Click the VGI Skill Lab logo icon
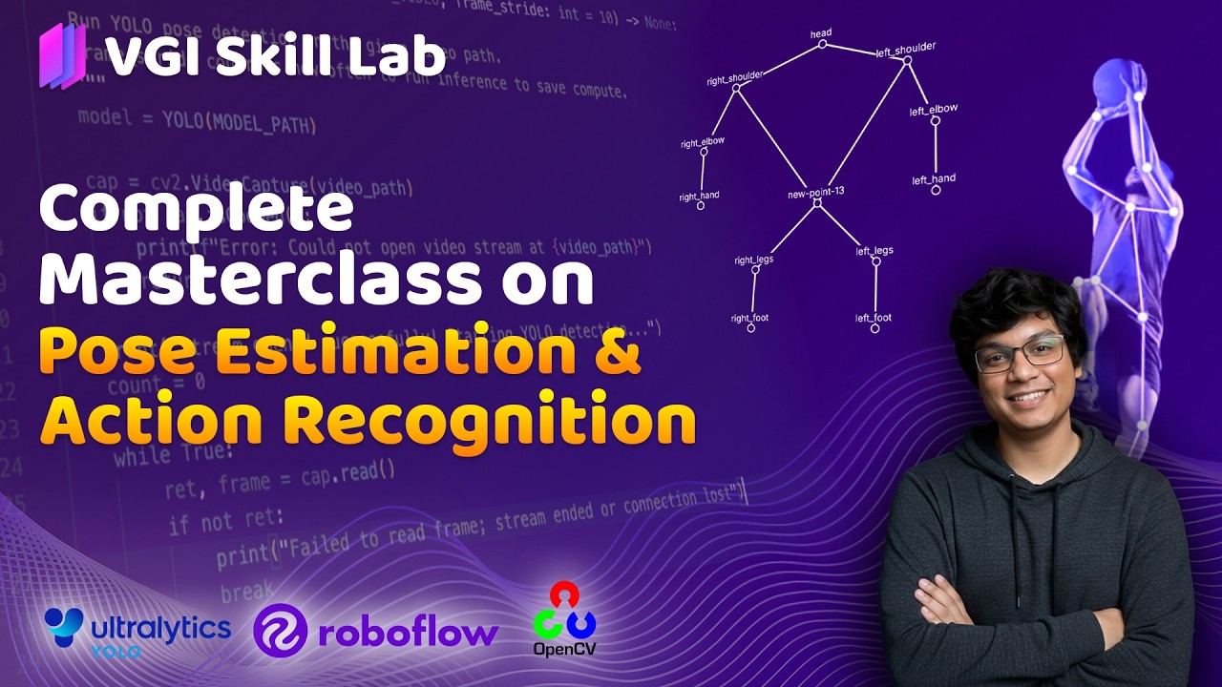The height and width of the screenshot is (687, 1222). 62,56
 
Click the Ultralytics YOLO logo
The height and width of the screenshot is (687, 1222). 137,632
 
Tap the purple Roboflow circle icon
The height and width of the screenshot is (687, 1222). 280,631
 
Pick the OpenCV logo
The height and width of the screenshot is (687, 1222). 565,619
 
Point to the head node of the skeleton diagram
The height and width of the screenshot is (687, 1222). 822,44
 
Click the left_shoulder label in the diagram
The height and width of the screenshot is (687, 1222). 905,48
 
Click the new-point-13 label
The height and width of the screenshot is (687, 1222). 815,191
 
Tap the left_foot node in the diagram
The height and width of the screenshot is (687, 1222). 874,328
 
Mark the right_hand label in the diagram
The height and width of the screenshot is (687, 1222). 699,197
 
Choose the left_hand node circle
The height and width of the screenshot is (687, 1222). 936,190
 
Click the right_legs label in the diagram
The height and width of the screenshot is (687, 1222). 754,259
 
